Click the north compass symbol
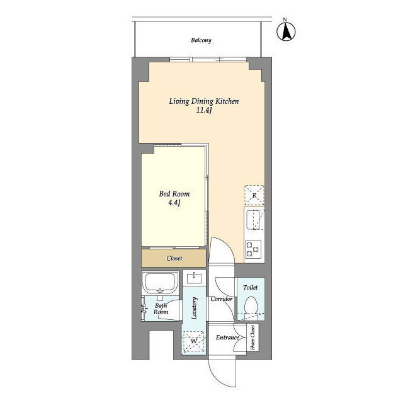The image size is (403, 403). [x=286, y=32]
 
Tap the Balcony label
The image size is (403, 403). [x=201, y=40]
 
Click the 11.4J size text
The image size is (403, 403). [x=204, y=111]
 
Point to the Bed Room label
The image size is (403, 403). [x=174, y=194]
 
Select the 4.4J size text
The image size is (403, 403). [x=174, y=203]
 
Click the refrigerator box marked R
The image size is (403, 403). [x=254, y=195]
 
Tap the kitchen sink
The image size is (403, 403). [x=253, y=220]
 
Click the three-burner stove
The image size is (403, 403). [x=253, y=249]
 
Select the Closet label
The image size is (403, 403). [x=174, y=258]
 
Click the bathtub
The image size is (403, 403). [x=161, y=283]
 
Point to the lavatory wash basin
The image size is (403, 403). [x=195, y=278]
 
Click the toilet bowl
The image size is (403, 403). [x=251, y=305]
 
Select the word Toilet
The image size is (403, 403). [x=251, y=288]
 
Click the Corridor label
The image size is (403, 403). [x=221, y=299]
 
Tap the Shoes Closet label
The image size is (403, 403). [x=253, y=338]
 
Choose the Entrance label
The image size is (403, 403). [x=227, y=338]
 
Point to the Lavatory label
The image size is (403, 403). [x=195, y=308]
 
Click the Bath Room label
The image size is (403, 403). [x=161, y=309]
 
